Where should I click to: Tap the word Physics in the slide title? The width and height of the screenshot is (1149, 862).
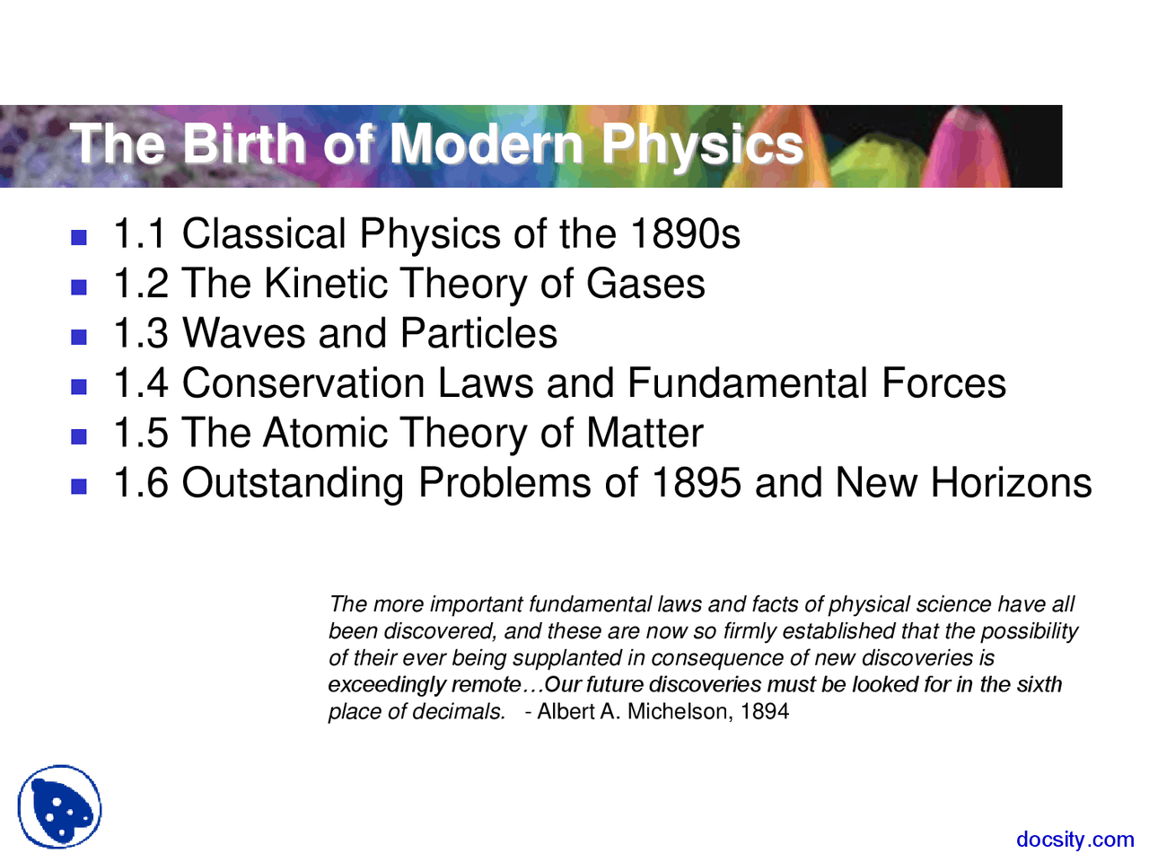point(702,144)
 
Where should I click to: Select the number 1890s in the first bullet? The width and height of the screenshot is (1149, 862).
point(685,234)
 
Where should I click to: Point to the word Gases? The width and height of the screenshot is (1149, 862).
point(645,284)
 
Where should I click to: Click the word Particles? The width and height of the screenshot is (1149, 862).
point(478,334)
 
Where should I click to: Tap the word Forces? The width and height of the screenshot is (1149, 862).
point(943,383)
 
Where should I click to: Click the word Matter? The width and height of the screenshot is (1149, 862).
point(645,434)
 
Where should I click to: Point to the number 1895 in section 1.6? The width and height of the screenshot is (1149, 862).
point(696,483)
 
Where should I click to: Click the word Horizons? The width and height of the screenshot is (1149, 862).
point(1011,483)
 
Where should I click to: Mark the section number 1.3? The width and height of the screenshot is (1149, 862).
point(141,334)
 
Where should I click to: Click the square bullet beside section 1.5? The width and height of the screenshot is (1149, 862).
point(79,437)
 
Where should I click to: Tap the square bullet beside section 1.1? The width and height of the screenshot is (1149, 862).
point(79,238)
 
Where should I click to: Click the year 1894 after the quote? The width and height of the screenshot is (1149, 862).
point(765,712)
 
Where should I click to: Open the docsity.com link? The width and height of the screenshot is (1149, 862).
point(1074,840)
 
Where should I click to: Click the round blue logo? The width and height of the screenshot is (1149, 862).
point(59,807)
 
